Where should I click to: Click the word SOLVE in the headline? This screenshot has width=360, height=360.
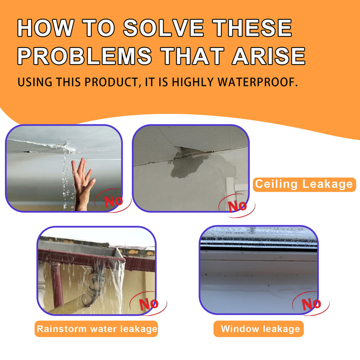[163, 28]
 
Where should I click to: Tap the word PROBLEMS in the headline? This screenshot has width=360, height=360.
[85, 56]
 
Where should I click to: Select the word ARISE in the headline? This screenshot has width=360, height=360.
[268, 56]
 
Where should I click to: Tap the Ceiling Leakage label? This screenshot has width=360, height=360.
[304, 184]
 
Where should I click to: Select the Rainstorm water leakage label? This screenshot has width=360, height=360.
[97, 329]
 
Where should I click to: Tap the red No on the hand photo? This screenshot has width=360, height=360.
[114, 201]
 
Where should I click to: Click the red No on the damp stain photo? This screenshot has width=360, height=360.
[237, 206]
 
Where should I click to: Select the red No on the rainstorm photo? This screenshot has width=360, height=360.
[149, 304]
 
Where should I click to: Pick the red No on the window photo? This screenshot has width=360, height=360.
[311, 304]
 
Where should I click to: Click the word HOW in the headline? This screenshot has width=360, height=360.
[46, 28]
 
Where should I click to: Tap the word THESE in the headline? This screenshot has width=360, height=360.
[252, 28]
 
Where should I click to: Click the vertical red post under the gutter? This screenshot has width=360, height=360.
[57, 285]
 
